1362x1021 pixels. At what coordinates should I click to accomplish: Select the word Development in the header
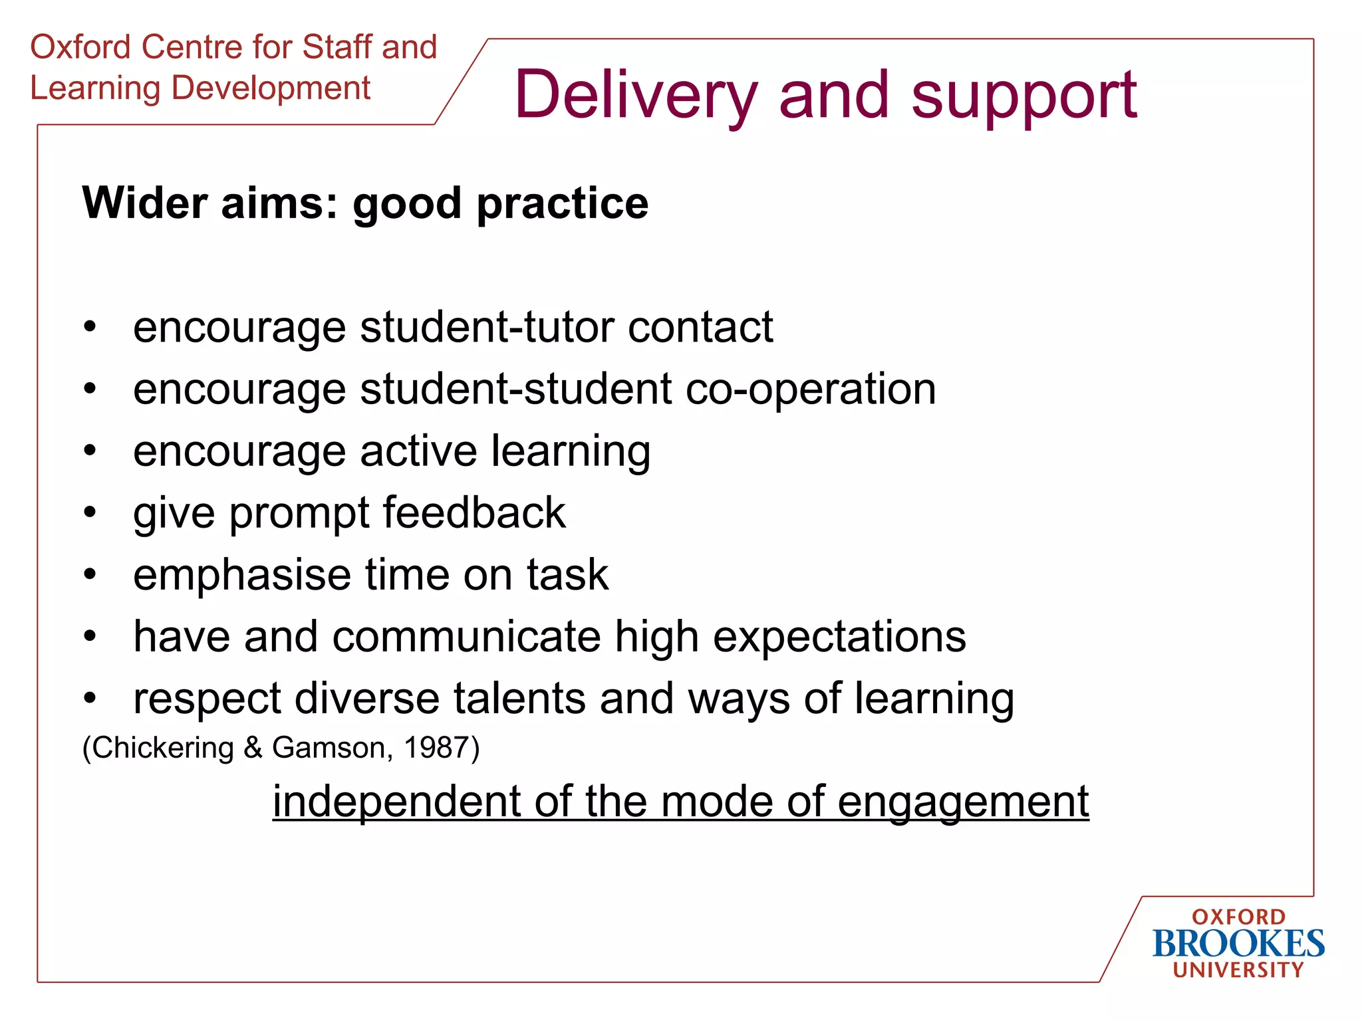[271, 88]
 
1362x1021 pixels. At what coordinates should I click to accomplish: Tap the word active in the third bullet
[418, 451]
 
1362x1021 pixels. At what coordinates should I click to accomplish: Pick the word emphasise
[241, 574]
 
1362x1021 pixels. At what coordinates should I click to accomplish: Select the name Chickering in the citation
[162, 748]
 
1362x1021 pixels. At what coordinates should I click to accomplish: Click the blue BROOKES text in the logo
[1238, 944]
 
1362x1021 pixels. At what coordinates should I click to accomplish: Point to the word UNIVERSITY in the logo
[1238, 970]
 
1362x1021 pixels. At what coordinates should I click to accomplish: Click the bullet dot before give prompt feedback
[90, 512]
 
